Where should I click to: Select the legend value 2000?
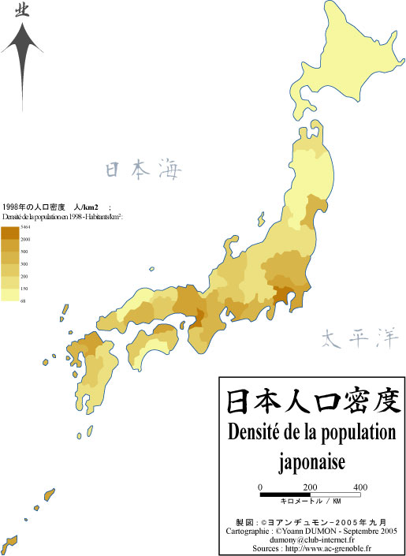pyautogui.click(x=25, y=238)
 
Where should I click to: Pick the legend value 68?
pyautogui.click(x=23, y=301)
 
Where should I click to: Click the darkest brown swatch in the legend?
pyautogui.click(x=9, y=233)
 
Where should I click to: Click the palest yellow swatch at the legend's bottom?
pyautogui.click(x=9, y=295)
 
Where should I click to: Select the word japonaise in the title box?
pyautogui.click(x=314, y=459)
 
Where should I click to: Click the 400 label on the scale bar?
pyautogui.click(x=359, y=487)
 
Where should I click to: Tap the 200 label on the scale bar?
pyautogui.click(x=310, y=487)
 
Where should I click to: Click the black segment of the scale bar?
pyautogui.click(x=285, y=494)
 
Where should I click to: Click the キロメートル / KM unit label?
pyautogui.click(x=311, y=502)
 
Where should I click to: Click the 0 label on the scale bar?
pyautogui.click(x=260, y=487)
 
